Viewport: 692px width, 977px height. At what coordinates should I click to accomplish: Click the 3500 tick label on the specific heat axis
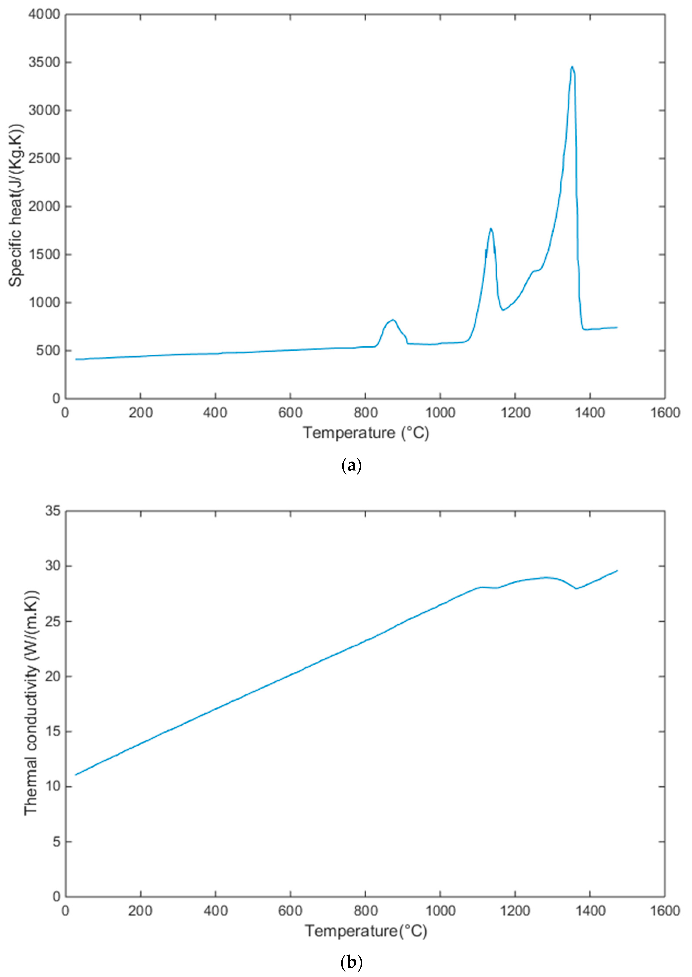click(x=44, y=62)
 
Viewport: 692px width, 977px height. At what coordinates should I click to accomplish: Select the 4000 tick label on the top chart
click(x=44, y=14)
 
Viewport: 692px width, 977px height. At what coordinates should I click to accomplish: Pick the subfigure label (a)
click(x=352, y=465)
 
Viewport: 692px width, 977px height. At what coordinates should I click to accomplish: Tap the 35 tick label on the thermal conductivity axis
click(x=53, y=511)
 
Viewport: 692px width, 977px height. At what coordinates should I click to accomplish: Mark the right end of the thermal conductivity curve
click(x=617, y=570)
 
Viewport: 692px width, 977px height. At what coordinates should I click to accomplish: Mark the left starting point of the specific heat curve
click(x=76, y=359)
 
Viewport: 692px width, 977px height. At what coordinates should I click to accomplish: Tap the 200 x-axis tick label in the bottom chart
click(x=140, y=911)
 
